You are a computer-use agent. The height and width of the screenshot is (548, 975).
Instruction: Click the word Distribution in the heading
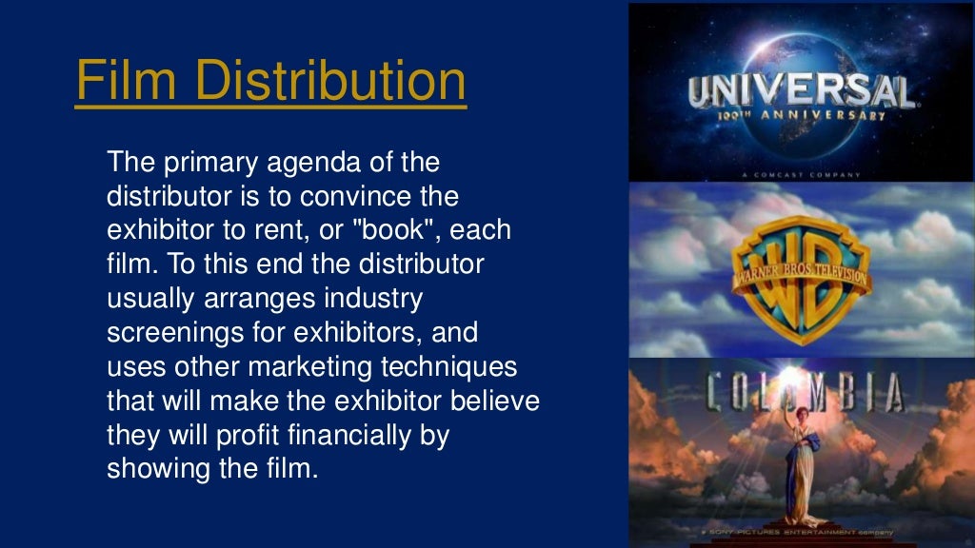click(x=330, y=81)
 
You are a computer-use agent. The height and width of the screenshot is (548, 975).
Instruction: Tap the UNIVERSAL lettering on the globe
click(x=800, y=91)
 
